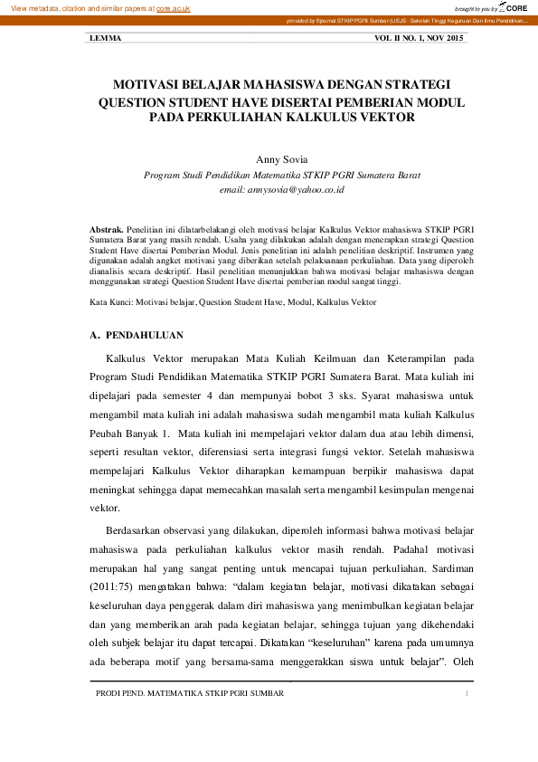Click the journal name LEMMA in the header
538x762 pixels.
click(x=106, y=39)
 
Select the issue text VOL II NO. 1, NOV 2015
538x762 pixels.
click(x=419, y=39)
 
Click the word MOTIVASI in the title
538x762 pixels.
click(x=148, y=84)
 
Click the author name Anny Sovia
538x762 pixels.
click(x=282, y=157)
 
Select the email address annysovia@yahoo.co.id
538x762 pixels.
click(x=282, y=190)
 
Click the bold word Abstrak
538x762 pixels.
click(x=108, y=231)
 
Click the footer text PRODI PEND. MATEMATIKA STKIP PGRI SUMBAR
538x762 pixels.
click(x=190, y=693)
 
